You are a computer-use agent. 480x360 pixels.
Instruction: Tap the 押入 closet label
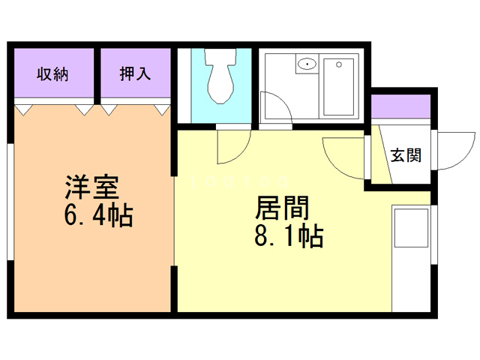coord(136,73)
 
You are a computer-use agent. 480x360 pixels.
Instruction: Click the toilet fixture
coord(220,79)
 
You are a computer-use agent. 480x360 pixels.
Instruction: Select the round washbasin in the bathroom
coord(307,64)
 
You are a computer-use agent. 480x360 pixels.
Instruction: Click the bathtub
coord(342,86)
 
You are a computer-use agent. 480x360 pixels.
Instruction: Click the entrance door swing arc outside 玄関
coord(453,150)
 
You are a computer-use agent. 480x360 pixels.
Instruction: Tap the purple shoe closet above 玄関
coord(401,106)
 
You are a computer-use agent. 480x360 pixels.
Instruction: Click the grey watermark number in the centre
coord(240,181)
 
